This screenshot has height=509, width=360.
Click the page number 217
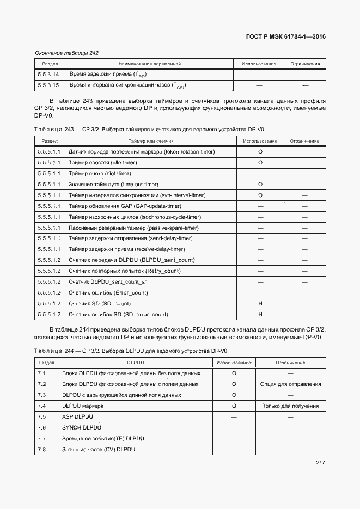point(320,463)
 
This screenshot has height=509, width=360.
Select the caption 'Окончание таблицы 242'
point(66,53)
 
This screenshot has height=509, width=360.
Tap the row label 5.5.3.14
point(48,74)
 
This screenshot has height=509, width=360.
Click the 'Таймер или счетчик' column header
point(151,141)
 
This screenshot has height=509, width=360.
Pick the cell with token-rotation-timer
point(142,151)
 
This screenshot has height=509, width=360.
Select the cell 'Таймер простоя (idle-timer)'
point(102,162)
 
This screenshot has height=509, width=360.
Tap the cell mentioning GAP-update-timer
point(125,206)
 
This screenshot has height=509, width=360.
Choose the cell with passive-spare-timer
point(133,228)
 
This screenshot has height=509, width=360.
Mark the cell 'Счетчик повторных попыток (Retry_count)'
point(125,271)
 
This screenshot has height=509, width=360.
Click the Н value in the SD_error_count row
point(260,314)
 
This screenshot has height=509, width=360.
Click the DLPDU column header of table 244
point(135,363)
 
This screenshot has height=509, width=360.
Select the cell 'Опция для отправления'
point(291,384)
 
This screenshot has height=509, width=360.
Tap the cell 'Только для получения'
point(290,406)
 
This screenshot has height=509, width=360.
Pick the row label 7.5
point(42,416)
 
